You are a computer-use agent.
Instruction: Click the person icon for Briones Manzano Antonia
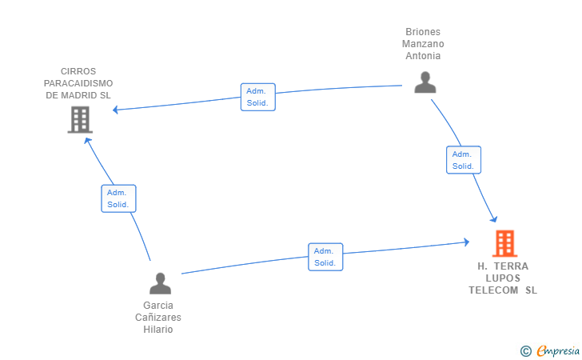pos(425,82)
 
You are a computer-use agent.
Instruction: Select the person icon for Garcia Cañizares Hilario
pos(161,283)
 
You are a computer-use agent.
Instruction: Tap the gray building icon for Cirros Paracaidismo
pos(80,120)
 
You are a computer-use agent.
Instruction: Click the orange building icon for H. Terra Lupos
pos(504,243)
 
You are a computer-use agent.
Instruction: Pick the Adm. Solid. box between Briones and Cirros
pos(258,97)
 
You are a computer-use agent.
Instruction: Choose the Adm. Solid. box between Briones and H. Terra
pos(464,160)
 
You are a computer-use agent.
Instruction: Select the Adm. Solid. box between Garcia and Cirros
pos(119,198)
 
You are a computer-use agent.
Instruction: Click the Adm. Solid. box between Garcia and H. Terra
pos(325,257)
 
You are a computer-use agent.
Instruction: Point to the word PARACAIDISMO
pos(78,83)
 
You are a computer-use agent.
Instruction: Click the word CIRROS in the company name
pos(78,71)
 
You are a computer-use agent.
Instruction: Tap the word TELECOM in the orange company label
pos(493,290)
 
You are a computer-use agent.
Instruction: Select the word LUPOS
pos(503,278)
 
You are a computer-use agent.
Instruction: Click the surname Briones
pos(423,32)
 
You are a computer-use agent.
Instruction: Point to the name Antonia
pos(423,56)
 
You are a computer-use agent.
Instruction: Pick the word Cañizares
pos(158,318)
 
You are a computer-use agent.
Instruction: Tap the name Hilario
pos(158,330)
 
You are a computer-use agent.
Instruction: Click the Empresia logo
pos(558,351)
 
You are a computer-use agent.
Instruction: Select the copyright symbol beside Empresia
pos(526,351)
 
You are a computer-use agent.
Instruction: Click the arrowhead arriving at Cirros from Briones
pos(115,110)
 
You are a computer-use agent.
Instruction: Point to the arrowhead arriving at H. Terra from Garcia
pos(467,242)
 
